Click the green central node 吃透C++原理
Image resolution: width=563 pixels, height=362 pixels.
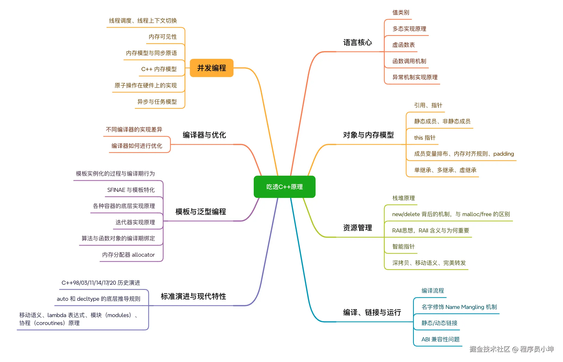(284, 187)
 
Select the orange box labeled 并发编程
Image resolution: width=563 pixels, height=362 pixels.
(211, 68)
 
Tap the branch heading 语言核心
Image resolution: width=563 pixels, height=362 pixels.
(357, 42)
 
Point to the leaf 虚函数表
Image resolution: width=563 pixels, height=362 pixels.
(403, 45)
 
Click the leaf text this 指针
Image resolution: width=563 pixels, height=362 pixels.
(424, 138)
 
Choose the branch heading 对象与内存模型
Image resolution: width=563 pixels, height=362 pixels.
(368, 135)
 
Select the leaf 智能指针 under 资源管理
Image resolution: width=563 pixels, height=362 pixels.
(403, 247)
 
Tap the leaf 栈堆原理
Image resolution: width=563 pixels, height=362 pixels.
(403, 198)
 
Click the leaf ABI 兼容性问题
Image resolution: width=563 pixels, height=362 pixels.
(440, 339)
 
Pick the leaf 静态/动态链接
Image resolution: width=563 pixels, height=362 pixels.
(439, 323)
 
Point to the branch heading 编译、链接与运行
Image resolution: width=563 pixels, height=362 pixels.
(372, 312)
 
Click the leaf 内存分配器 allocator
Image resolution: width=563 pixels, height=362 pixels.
(128, 255)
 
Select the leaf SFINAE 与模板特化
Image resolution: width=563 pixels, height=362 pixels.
(131, 190)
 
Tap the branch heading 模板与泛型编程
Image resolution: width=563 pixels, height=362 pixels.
(201, 212)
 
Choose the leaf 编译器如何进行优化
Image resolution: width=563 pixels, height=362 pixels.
(137, 146)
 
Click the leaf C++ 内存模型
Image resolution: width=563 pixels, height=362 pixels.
(159, 69)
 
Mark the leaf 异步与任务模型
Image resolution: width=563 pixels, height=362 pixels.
(157, 102)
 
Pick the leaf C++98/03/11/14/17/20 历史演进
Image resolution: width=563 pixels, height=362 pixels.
(101, 283)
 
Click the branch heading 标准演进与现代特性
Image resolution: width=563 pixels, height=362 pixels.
(193, 296)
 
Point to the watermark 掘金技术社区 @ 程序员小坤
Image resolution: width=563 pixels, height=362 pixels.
(511, 349)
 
